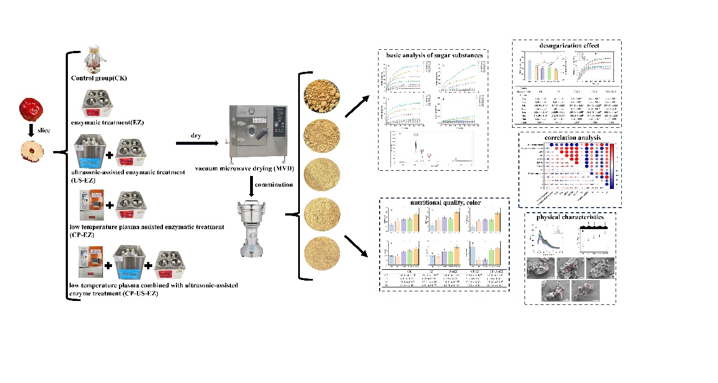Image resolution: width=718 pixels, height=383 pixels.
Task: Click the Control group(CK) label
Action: pyautogui.click(x=99, y=78)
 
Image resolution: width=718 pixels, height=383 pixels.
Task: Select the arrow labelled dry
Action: pyautogui.click(x=197, y=143)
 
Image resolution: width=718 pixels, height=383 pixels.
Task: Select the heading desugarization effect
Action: pyautogui.click(x=566, y=45)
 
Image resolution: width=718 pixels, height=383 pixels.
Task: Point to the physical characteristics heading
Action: pyautogui.click(x=569, y=217)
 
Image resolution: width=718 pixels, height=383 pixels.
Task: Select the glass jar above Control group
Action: pyautogui.click(x=94, y=59)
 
